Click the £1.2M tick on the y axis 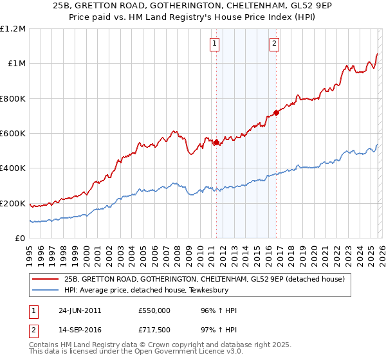click(13, 28)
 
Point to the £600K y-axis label click(12, 134)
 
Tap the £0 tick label click(20, 239)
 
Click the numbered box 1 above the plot click(214, 44)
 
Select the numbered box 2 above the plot click(274, 44)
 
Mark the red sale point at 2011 click(217, 142)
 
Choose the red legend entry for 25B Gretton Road click(205, 279)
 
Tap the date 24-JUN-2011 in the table click(79, 310)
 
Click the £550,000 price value click(154, 310)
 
